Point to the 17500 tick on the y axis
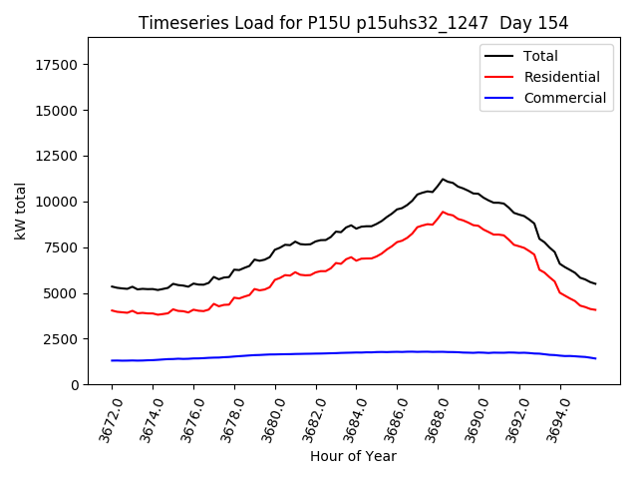click(59, 65)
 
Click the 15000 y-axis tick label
click(59, 110)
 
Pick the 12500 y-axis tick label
click(59, 156)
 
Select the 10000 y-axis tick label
click(59, 202)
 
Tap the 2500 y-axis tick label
click(63, 339)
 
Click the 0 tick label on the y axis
click(76, 385)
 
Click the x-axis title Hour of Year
click(353, 456)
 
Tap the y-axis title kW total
click(20, 211)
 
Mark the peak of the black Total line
click(443, 180)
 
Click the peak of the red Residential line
click(443, 212)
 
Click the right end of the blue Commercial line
click(595, 358)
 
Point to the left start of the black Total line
click(112, 286)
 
